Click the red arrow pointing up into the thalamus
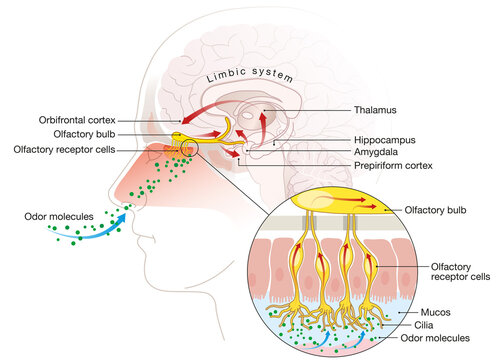[263, 125]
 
